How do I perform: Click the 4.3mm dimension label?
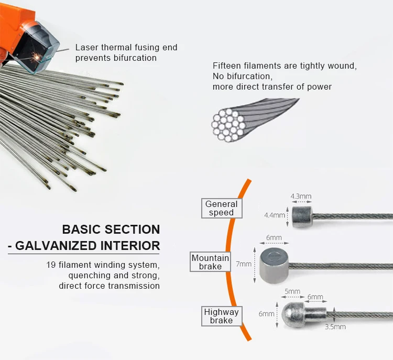[301, 197]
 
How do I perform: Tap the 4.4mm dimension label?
[275, 215]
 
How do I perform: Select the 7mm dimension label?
[244, 264]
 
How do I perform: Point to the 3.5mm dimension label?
[335, 326]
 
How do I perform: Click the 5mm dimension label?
[292, 291]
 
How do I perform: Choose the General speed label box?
[221, 208]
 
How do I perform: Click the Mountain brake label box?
[210, 262]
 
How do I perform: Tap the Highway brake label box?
[221, 316]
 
